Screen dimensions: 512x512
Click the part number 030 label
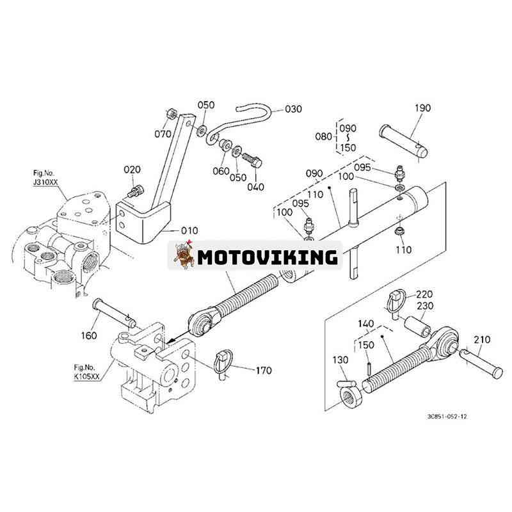coord(294,109)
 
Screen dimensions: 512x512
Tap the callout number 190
coord(422,109)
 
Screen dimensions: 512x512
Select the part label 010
coord(189,230)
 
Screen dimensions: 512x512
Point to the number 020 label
coord(132,170)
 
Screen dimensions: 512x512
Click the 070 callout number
coord(163,134)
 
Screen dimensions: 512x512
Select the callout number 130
coord(340,360)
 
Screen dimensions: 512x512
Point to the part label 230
coord(425,306)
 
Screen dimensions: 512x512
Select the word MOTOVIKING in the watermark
coord(267,257)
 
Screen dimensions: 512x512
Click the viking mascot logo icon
coord(183,256)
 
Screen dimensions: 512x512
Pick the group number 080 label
coord(324,136)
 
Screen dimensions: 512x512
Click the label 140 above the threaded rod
coord(365,324)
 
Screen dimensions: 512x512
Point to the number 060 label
coord(220,172)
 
